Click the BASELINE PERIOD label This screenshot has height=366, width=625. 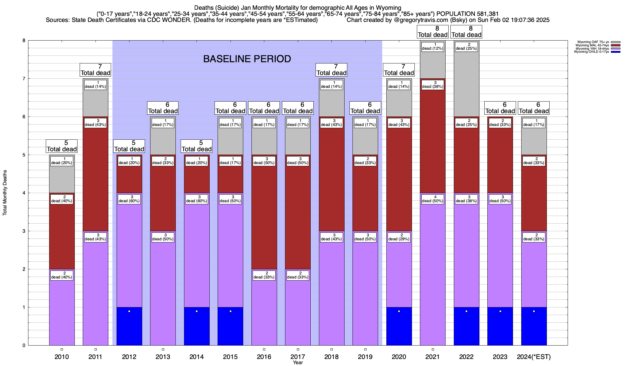click(247, 59)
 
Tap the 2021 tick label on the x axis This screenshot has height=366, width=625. click(432, 357)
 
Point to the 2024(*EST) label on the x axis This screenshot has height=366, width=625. click(534, 357)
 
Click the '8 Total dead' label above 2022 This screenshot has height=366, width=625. click(466, 32)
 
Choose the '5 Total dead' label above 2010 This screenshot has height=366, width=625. click(62, 146)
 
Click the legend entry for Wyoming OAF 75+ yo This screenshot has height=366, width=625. click(593, 42)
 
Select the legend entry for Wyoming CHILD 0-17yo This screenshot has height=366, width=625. click(593, 52)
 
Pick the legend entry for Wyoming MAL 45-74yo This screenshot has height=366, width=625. click(593, 45)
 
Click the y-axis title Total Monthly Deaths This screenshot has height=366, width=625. click(5, 193)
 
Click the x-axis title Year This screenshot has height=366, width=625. click(298, 363)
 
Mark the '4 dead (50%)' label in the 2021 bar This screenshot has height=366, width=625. click(432, 199)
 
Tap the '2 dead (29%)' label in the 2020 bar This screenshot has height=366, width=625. click(399, 237)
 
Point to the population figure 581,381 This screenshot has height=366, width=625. click(483, 14)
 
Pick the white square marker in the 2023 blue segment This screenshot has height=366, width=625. click(500, 311)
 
